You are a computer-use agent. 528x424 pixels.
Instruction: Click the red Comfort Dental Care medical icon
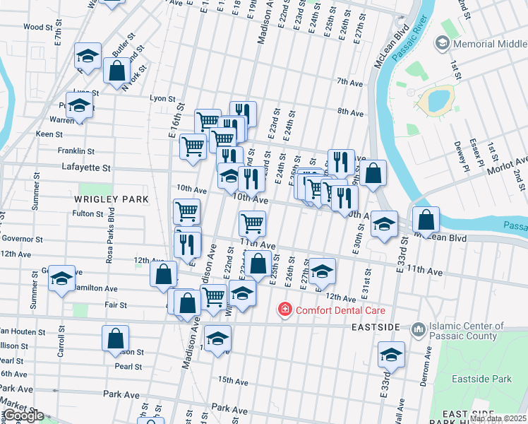pos(284,310)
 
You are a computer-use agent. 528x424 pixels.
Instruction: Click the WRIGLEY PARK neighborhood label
pos(112,200)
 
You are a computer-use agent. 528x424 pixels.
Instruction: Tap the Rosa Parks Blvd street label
pos(112,238)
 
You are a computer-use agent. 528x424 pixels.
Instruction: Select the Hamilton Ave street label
pos(97,288)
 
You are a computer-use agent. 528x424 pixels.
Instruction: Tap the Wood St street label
pos(38,27)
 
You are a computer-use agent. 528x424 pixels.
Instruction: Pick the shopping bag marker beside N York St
pos(116,71)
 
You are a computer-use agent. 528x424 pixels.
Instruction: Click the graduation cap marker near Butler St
pos(88,57)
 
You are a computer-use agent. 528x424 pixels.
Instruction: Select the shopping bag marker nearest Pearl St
pos(115,338)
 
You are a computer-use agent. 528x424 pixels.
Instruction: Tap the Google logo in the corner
pos(23,416)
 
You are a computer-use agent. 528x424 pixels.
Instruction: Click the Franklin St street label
pos(76,151)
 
